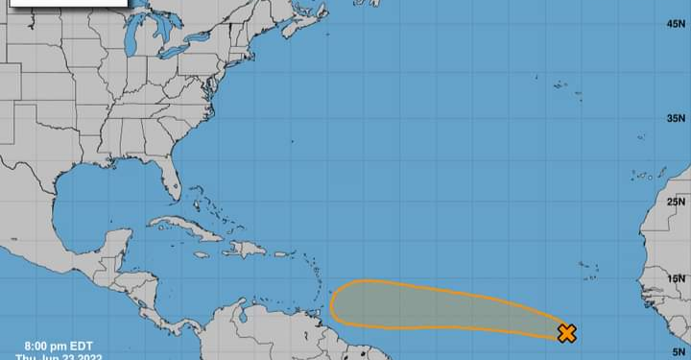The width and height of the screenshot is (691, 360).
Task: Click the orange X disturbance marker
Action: pyautogui.click(x=566, y=333)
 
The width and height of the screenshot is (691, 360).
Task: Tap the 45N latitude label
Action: pyautogui.click(x=676, y=23)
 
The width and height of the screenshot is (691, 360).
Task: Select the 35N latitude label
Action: pyautogui.click(x=676, y=118)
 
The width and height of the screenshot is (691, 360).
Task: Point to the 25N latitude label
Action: pyautogui.click(x=676, y=202)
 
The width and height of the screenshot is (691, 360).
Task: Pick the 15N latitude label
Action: pyautogui.click(x=676, y=279)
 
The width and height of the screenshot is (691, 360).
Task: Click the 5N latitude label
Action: pyautogui.click(x=678, y=352)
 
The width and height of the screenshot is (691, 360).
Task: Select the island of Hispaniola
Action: pyautogui.click(x=246, y=249)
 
